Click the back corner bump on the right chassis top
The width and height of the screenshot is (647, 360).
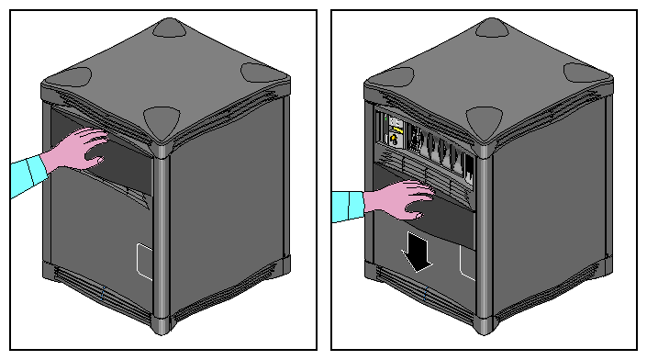tap(492, 27)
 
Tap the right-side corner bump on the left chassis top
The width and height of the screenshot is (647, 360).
tap(260, 72)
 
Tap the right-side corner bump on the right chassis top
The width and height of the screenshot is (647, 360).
tap(582, 72)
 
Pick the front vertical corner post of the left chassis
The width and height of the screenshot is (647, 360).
tap(162, 239)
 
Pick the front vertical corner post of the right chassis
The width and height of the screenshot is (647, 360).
tap(485, 239)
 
